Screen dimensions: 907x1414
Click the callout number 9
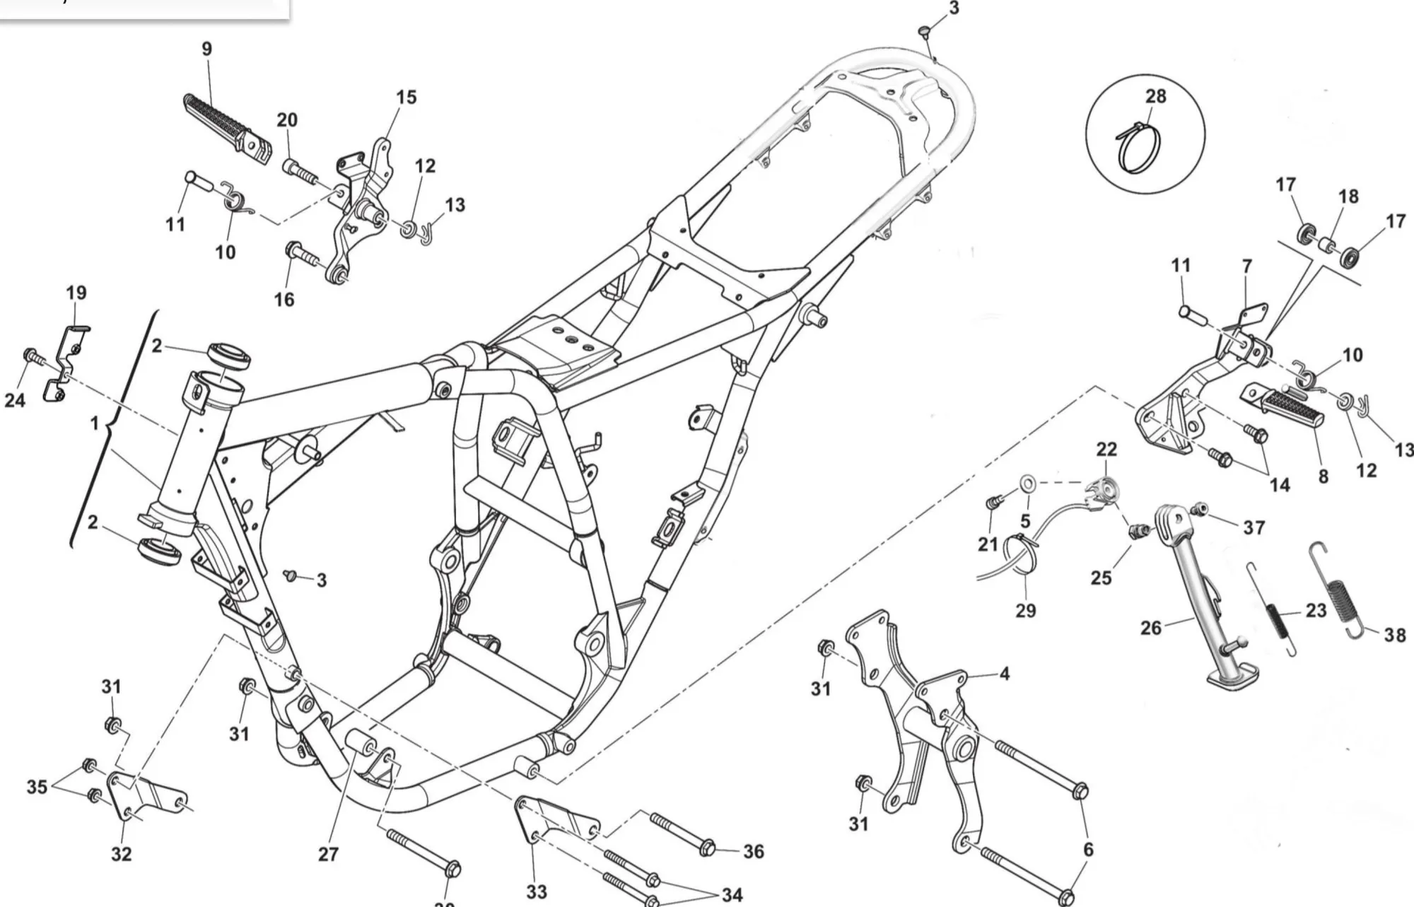click(206, 49)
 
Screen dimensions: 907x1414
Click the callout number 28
click(1155, 96)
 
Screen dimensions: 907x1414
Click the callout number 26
click(1151, 627)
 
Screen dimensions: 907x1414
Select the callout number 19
click(76, 293)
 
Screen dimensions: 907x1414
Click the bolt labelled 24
click(32, 355)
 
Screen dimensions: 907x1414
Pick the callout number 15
click(406, 98)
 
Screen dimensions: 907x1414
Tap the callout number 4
click(1005, 674)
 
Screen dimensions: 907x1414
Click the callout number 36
click(754, 852)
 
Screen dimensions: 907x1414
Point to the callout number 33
click(536, 892)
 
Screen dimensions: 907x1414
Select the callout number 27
click(328, 855)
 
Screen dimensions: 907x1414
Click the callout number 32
click(121, 854)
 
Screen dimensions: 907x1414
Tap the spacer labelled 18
click(1327, 247)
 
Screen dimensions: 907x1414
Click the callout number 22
click(1106, 450)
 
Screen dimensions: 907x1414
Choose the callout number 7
click(1247, 267)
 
